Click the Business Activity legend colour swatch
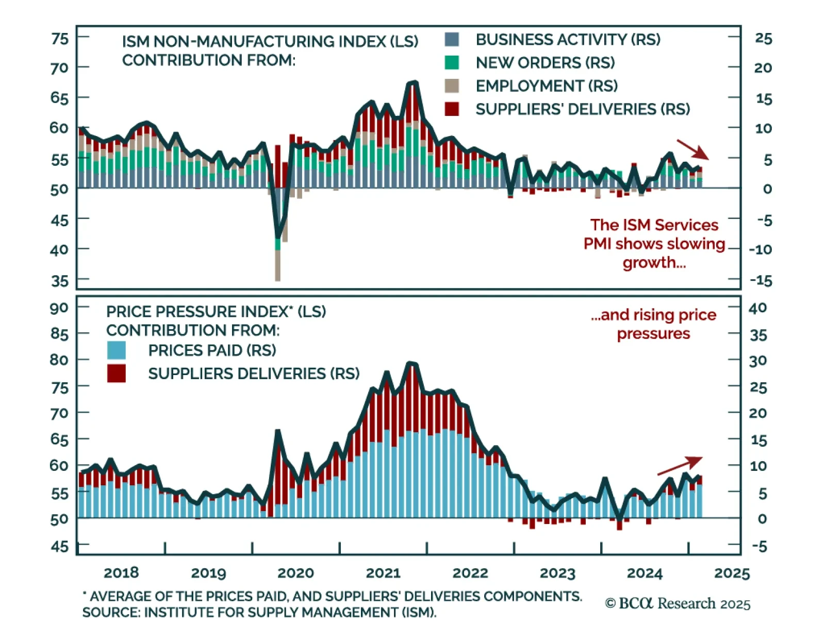point(452,40)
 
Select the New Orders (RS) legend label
point(545,63)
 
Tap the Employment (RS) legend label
point(546,86)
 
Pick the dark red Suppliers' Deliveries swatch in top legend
point(452,109)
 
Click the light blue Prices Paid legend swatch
point(117,350)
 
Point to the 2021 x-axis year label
point(383,573)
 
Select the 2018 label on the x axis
point(121,573)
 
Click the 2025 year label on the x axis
point(732,573)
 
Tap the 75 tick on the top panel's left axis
point(60,39)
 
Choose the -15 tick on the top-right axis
point(761,281)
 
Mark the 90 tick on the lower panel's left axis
point(59,308)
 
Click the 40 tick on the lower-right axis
point(757,308)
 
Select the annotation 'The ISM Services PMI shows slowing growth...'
point(654,244)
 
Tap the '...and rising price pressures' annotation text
point(654,324)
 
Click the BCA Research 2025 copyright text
point(678,604)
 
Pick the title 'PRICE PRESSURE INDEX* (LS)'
point(216,312)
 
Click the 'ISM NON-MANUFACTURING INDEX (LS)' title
point(270,42)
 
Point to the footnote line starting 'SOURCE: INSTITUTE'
point(259,613)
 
